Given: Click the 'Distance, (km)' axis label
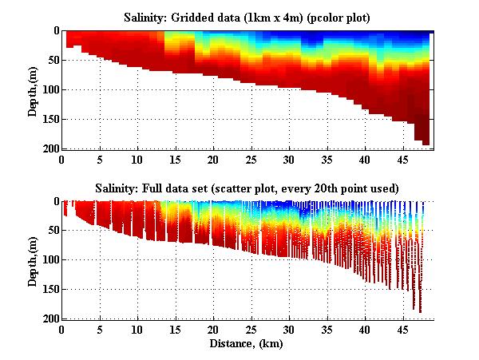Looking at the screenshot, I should [248, 343].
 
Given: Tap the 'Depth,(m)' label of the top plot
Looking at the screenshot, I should [33, 89].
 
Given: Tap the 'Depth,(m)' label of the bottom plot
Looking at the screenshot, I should [33, 259].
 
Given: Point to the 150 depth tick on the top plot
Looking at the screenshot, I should [49, 119].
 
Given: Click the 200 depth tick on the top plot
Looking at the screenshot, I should [49, 148].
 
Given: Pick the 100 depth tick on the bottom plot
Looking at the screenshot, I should [49, 260].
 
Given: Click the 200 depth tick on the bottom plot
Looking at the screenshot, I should [49, 319].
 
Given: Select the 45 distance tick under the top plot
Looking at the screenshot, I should [402, 159].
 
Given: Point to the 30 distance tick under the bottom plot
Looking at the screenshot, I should [289, 329].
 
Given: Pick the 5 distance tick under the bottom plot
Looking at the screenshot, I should [100, 329].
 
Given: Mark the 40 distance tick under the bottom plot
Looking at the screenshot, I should [365, 329].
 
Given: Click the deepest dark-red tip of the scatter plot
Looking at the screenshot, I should [420, 311].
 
